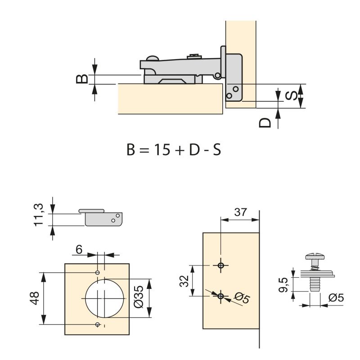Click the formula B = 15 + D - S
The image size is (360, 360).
174,149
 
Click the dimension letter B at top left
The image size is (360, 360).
81,79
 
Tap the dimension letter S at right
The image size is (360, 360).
292,95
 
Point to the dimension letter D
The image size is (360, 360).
266,122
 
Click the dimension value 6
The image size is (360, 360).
79,249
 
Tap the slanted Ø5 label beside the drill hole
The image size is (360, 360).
242,297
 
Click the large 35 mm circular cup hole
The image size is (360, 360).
104,298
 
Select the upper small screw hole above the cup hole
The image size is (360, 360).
98,273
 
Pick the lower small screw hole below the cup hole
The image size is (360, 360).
98,324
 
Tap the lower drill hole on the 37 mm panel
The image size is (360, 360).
220,296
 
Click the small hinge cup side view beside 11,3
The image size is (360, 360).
103,217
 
